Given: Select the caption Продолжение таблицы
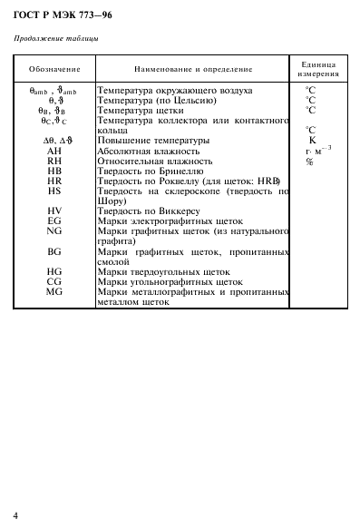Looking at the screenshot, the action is (x=57, y=38).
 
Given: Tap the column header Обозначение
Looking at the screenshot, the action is (x=54, y=69).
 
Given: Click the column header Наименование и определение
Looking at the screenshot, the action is (x=194, y=69).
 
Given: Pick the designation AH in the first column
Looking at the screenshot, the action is (x=54, y=151).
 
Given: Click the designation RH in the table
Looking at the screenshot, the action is (x=54, y=161).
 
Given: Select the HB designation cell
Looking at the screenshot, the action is (x=54, y=171).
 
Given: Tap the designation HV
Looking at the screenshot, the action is (x=54, y=211).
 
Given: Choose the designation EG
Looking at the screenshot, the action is (x=54, y=220).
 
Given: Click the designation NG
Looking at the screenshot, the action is (x=54, y=230).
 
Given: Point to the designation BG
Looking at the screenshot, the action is (x=54, y=250).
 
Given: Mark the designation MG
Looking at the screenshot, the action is (x=54, y=291).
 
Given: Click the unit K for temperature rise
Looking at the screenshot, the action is (x=312, y=141).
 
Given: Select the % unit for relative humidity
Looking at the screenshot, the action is (x=309, y=162).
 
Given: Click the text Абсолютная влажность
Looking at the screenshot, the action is (x=149, y=151).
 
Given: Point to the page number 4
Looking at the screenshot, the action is (x=15, y=515).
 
